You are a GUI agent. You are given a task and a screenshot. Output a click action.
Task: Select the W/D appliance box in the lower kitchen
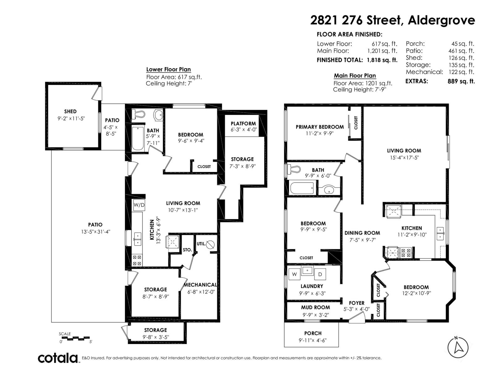coord(139,205)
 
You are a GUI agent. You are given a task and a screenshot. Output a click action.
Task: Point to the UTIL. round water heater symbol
coord(210,244)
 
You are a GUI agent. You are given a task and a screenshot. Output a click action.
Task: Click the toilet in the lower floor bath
coord(138,114)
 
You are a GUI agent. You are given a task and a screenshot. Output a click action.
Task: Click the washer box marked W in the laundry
coord(294,274)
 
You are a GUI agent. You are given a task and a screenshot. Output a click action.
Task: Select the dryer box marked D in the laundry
coord(320,274)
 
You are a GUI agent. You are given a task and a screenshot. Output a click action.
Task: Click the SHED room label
coord(70,112)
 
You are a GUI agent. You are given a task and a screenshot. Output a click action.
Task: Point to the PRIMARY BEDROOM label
coord(320,127)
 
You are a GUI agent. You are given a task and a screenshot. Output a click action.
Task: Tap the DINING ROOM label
coord(362,233)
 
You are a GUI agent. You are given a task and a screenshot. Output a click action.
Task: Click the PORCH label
coord(313,333)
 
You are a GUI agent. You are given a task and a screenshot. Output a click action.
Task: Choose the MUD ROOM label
coord(315,307)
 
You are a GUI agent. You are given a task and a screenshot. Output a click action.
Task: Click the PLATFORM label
coord(243,123)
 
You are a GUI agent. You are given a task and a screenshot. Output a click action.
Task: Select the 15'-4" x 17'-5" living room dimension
coord(404,158)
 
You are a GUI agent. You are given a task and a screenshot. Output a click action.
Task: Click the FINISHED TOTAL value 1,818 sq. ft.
coord(382,60)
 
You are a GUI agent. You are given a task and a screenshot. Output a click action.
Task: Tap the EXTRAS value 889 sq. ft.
coord(461,81)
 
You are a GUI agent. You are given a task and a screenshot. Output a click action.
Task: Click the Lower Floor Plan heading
coord(168,69)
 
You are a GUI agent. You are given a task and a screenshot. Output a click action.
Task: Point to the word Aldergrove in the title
coord(442,21)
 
